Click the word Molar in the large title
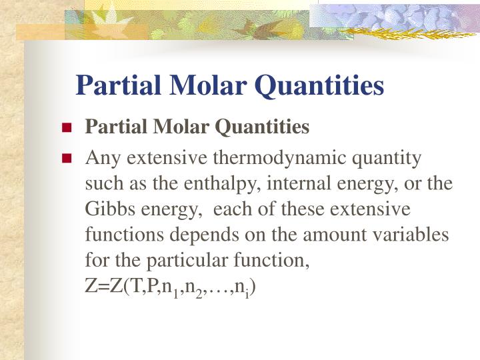(x=201, y=86)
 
